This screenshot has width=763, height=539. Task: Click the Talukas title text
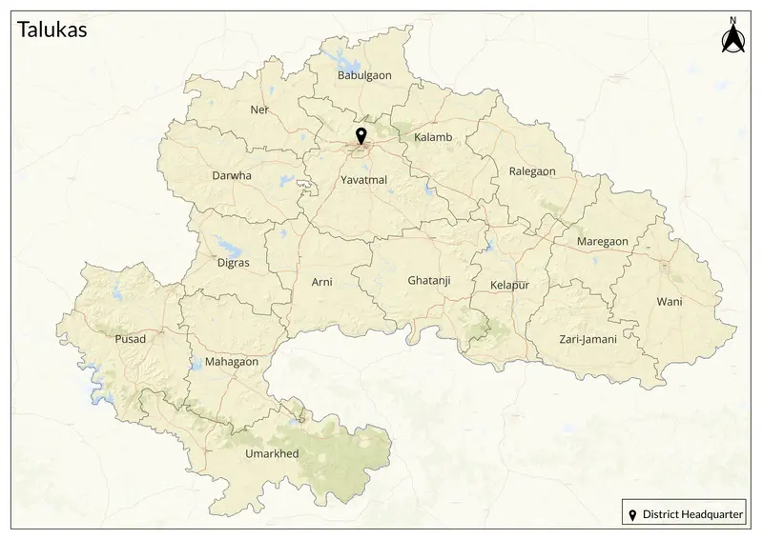click(x=52, y=30)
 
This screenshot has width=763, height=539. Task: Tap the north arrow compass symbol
click(x=732, y=39)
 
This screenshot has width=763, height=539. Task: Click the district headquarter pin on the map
click(x=361, y=136)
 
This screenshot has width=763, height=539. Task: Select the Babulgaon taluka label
click(x=364, y=74)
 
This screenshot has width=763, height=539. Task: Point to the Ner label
click(x=259, y=110)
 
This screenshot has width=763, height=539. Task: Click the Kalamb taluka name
click(x=433, y=137)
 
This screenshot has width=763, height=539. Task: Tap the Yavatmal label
click(x=363, y=179)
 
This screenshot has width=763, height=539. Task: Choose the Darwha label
click(x=232, y=175)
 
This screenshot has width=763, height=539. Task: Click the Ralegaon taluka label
click(x=532, y=171)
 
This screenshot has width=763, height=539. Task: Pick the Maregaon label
click(x=603, y=242)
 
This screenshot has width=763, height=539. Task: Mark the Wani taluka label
click(x=669, y=302)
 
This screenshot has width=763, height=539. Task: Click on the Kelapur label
click(x=509, y=286)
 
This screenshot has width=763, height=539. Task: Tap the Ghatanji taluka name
click(x=428, y=281)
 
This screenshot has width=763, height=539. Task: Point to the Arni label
click(x=322, y=282)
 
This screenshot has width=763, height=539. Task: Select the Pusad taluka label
click(x=130, y=339)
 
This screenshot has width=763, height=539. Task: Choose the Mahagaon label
click(x=232, y=362)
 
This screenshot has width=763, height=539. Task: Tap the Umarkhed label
click(x=272, y=453)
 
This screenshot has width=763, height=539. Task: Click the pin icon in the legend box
click(x=631, y=515)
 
